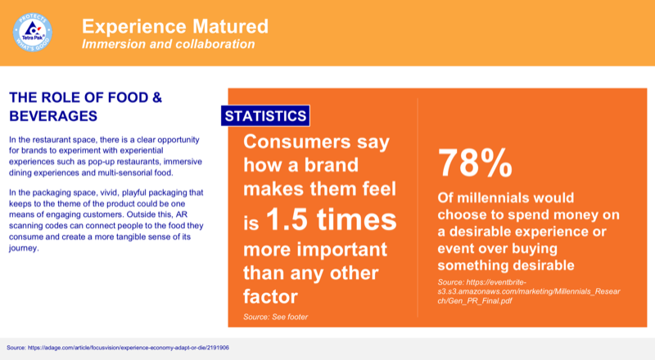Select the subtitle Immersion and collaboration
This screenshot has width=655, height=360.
167,43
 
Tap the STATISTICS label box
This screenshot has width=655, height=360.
265,115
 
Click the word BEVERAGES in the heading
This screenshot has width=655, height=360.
53,115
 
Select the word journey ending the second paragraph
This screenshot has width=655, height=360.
25,250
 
